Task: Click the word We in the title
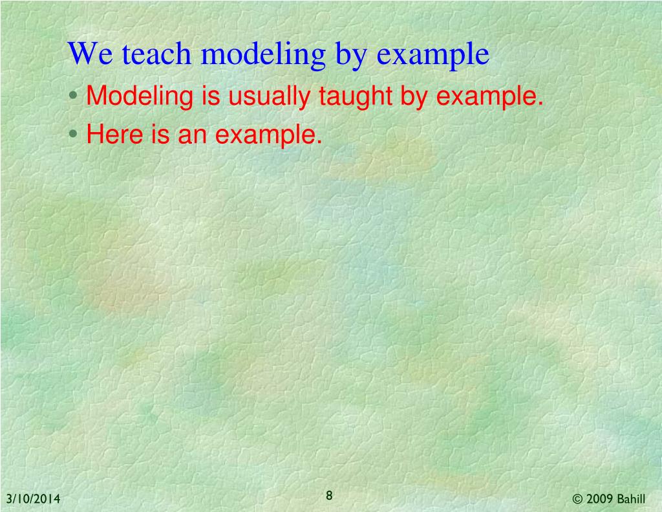(88, 54)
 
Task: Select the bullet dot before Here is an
(75, 135)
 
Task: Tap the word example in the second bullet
(268, 136)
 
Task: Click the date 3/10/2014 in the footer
(34, 499)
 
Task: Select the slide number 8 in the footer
(329, 496)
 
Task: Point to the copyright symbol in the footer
(578, 499)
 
